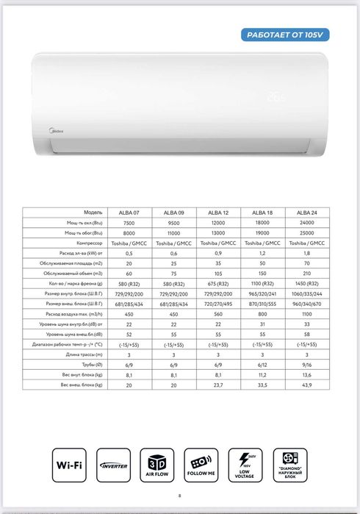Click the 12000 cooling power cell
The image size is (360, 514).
217,222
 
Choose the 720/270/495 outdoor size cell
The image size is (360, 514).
217,303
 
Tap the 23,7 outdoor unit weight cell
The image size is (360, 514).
217,384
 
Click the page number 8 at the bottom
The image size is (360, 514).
179,496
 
